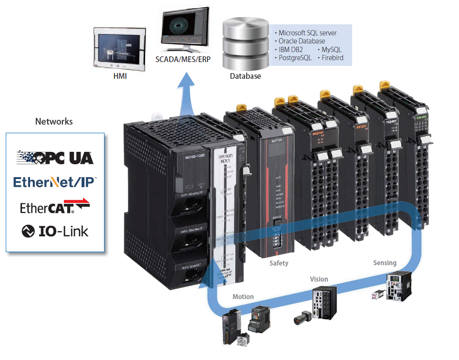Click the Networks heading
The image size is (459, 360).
pos(54,121)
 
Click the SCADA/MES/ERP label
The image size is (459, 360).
pos(183,60)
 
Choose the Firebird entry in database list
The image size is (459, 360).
pos(332,58)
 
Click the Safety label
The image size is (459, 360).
pos(279,263)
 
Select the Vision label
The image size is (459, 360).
pos(319,279)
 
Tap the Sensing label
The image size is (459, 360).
pos(385,263)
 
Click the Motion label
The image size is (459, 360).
pos(243,296)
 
